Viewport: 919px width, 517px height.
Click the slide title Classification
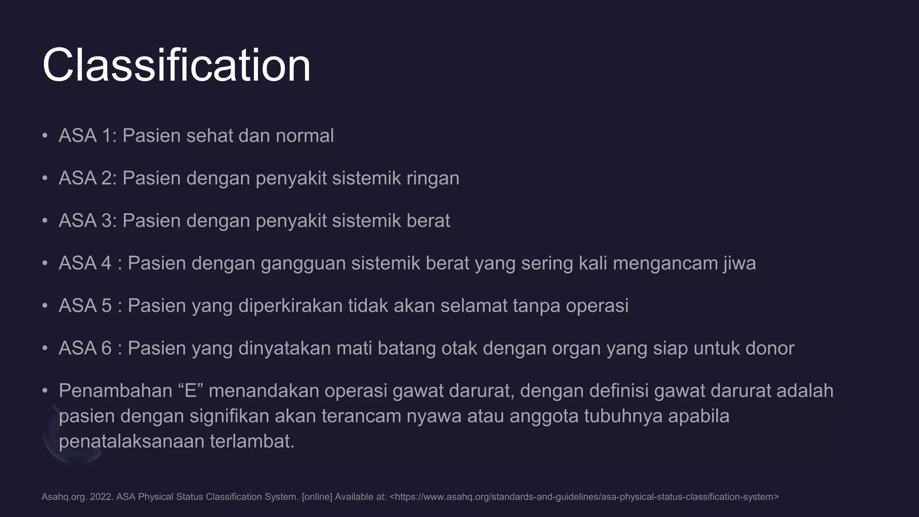(176, 66)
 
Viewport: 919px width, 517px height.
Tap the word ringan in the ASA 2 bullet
(433, 179)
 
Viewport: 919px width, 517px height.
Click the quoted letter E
(191, 391)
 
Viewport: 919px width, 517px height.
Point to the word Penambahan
(115, 391)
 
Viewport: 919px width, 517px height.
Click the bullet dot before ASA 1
(45, 136)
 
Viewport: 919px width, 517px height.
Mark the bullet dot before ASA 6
(45, 348)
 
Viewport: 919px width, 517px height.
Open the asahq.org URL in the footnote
(584, 497)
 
